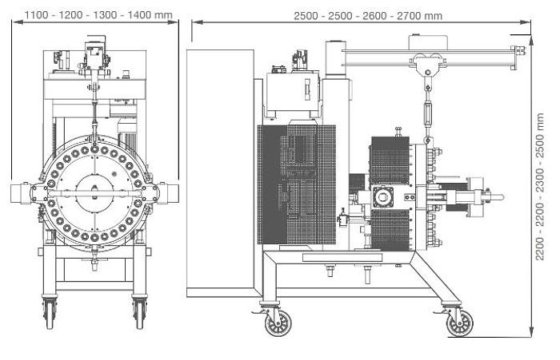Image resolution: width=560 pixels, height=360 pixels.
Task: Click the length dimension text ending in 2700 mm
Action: click(368, 16)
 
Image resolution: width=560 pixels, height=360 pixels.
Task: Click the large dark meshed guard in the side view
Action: click(290, 185)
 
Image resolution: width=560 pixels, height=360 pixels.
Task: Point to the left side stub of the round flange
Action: click(21, 192)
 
